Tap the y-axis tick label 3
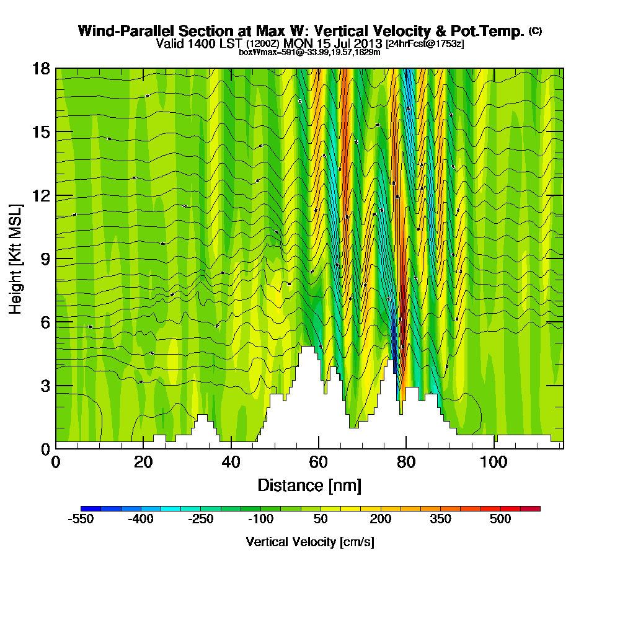pos(44,386)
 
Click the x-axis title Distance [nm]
pos(309,484)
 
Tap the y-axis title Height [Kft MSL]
pos(15,259)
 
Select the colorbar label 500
pos(500,519)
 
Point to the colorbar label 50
pos(320,519)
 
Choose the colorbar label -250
pos(200,519)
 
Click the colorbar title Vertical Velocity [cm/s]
pos(309,542)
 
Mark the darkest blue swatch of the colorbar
pos(86,508)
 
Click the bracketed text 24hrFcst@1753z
pos(425,44)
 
